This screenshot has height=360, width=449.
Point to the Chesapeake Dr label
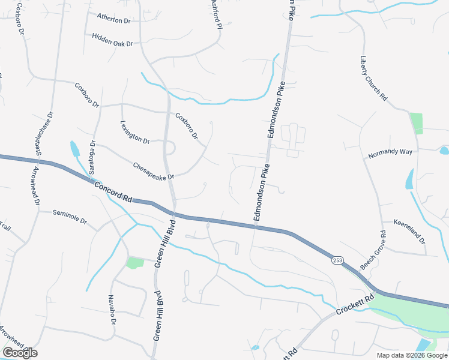coord(153,171)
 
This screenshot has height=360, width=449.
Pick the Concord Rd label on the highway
coord(113,191)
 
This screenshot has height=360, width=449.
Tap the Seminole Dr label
coord(70,218)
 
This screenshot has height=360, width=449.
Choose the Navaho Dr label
coord(112,309)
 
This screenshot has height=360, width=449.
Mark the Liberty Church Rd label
coord(373,79)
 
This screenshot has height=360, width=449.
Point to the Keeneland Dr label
coord(409,232)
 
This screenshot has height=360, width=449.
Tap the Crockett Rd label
coord(355,305)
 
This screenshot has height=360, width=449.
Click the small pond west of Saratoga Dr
coord(74,148)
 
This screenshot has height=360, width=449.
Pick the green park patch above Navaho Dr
coord(135,262)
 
